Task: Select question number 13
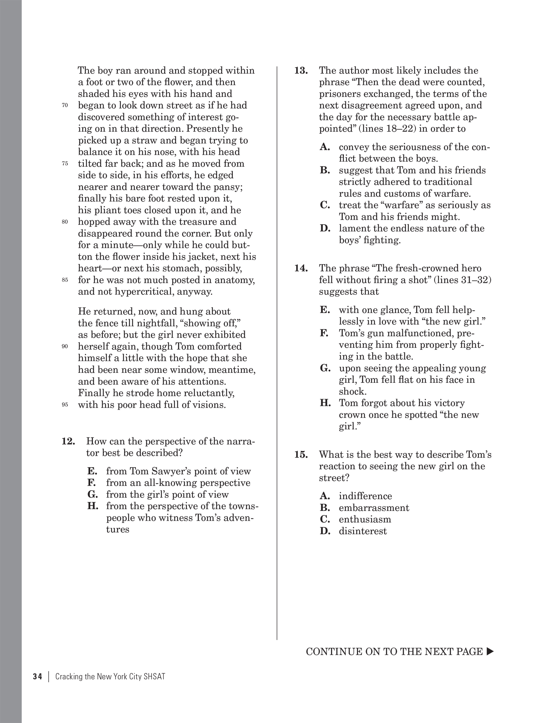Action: tap(301, 71)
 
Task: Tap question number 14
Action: tap(301, 268)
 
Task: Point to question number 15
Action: tap(301, 454)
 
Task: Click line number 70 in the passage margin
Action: tap(65, 105)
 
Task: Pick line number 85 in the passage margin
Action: tap(65, 280)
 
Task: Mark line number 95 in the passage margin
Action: tap(65, 405)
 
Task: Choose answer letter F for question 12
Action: tap(92, 483)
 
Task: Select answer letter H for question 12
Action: tap(93, 506)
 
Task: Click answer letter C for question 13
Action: tap(325, 205)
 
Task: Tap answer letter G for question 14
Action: tap(325, 368)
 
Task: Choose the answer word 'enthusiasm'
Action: tap(365, 519)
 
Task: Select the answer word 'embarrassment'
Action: tap(374, 508)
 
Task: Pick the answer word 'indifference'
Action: tap(365, 496)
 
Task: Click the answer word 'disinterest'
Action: tap(363, 531)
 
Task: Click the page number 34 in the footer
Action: tap(38, 686)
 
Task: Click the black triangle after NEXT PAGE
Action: tap(490, 651)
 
